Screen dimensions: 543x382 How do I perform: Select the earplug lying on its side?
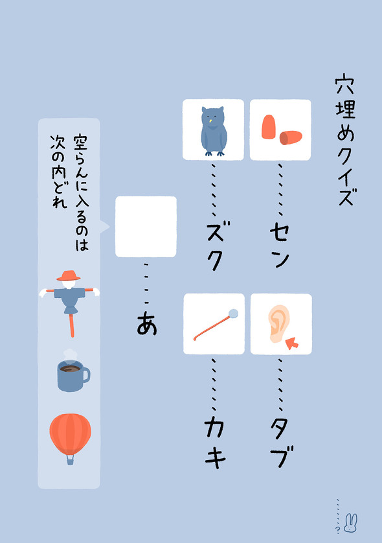[x=291, y=137]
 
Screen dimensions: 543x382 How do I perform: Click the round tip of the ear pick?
[x=234, y=314]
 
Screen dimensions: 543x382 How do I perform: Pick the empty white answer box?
[x=146, y=226]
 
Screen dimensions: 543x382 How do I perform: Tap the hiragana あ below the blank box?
[x=148, y=324]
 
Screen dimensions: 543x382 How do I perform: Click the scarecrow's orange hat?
[x=68, y=275]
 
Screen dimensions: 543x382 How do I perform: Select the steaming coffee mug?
[x=71, y=374]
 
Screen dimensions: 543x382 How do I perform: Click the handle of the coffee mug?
[x=85, y=375]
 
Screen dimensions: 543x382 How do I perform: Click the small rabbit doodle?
[x=351, y=520]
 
